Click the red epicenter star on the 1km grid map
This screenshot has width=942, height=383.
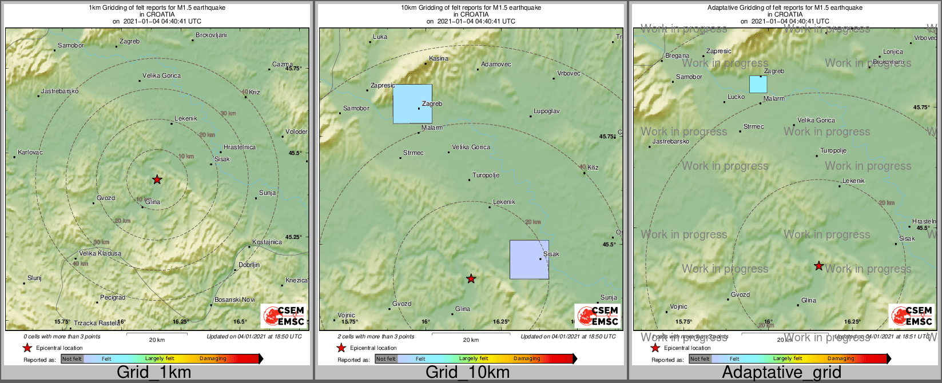(157, 179)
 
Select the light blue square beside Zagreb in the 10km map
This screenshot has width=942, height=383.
(412, 103)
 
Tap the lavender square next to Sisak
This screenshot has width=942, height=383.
(529, 260)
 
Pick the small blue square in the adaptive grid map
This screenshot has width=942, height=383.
(758, 84)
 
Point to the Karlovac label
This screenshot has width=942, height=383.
(30, 153)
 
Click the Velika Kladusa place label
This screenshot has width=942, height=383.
(100, 253)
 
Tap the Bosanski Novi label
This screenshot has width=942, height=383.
(234, 300)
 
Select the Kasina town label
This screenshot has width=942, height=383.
(439, 58)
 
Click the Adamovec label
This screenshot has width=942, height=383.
(496, 64)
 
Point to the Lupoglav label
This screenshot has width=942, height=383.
(546, 111)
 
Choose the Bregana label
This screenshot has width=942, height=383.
(677, 56)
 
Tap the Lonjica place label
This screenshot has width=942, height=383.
(893, 51)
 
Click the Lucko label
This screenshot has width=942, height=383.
(736, 97)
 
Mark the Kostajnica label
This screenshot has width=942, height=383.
(267, 242)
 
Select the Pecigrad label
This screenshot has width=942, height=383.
(113, 297)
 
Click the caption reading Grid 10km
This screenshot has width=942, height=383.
(467, 372)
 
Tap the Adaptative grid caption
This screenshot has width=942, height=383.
(781, 372)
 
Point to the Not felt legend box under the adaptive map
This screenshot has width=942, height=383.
(699, 359)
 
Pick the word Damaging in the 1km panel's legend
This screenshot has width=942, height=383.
(213, 359)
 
